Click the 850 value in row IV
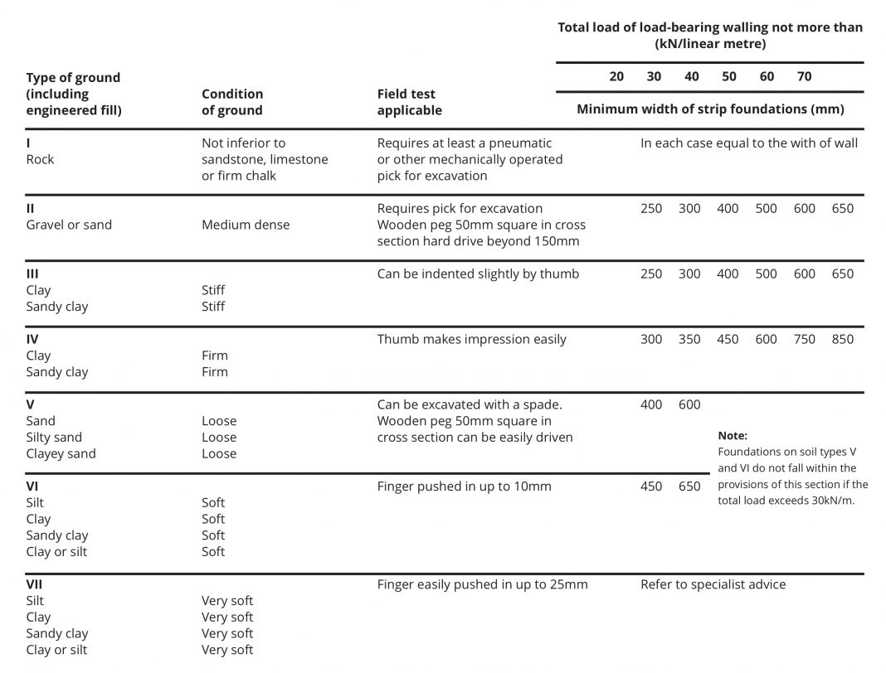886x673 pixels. coord(842,339)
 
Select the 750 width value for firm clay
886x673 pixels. coord(804,339)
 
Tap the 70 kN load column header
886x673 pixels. coord(804,76)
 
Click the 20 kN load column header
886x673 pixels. coord(616,76)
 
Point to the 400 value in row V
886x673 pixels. coord(651,404)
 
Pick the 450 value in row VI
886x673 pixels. coord(651,487)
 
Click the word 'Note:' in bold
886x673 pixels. coord(733,435)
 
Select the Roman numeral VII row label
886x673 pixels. coord(34,584)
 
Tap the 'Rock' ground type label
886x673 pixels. coord(40,159)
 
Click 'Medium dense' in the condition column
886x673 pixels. coord(246,225)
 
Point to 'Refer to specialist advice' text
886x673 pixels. coord(713,584)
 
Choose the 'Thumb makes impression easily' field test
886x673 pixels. coord(471,339)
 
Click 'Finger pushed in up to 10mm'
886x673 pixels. coord(464,487)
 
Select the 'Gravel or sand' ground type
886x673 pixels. coord(69,225)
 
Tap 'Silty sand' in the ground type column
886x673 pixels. coord(54,438)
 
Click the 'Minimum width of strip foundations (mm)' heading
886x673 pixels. coord(710,109)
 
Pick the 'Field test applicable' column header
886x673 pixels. coord(409,102)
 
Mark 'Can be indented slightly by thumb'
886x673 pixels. coord(478,274)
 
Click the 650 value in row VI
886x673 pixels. coord(689,487)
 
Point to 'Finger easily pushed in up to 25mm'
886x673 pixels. coord(482,584)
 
